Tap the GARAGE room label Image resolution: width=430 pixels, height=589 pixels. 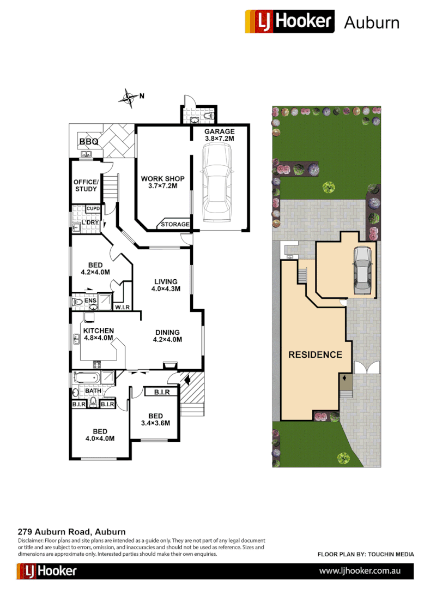click(219, 131)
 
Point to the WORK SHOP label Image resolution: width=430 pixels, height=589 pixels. click(162, 179)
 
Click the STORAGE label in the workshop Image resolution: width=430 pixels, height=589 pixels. click(175, 224)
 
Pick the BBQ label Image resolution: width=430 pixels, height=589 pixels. click(89, 142)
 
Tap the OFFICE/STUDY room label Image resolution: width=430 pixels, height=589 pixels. click(86, 185)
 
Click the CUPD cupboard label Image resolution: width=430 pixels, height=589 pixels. click(93, 209)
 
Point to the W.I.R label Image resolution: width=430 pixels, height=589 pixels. click(122, 308)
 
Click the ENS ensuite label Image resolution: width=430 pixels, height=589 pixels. click(91, 300)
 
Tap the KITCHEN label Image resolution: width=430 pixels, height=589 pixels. click(99, 330)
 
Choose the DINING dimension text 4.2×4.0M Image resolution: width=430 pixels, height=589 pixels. click(167, 339)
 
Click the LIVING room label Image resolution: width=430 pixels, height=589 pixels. click(165, 281)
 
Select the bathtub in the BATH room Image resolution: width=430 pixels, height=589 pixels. click(86, 377)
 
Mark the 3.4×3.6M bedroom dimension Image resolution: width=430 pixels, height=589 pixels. click(156, 423)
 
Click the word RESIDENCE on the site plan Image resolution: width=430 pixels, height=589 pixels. click(315, 354)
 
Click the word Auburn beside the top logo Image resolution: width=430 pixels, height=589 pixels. click(372, 22)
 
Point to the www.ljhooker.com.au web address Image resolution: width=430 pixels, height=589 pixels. click(360, 570)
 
